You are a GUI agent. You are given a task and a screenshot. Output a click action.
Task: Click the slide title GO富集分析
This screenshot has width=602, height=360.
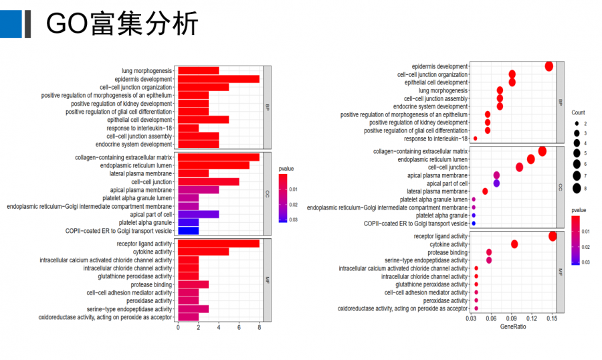pos(122,25)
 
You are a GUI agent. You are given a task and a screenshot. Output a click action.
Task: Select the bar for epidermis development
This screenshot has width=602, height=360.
pos(218,79)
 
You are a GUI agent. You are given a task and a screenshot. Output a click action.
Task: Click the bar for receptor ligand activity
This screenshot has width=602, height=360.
pos(218,244)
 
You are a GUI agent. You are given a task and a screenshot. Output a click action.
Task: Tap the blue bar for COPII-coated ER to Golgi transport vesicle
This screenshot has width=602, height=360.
pos(188,231)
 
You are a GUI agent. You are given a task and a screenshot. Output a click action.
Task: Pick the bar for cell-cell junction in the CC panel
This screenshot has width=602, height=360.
pos(208,181)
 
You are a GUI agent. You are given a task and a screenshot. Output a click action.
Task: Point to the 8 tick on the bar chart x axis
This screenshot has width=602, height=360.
pos(259,328)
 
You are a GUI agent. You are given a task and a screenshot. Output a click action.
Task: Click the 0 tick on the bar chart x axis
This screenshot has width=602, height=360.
pos(178,328)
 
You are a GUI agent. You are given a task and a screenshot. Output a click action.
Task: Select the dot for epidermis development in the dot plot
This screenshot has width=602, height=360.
pos(549,66)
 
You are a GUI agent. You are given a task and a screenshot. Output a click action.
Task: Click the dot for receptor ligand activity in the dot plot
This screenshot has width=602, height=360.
pos(553,236)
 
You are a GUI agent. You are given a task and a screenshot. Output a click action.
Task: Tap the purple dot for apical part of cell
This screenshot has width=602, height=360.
pos(496,183)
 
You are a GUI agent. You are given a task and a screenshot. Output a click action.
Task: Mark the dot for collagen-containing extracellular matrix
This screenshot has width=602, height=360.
pos(542,151)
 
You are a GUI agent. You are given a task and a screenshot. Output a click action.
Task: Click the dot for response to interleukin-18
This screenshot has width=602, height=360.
pos(475,139)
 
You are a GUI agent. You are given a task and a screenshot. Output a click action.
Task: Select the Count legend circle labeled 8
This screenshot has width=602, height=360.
pos(576,188)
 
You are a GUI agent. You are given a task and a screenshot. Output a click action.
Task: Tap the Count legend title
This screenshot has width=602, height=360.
pos(578,112)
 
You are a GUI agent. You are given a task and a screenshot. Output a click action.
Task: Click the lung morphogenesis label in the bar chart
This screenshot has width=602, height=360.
pos(147,71)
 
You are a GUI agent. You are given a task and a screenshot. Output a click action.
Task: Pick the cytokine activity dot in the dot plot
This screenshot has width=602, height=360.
pos(514,244)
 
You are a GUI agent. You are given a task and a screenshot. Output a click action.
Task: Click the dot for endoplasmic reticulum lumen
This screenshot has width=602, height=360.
pos(531,159)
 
